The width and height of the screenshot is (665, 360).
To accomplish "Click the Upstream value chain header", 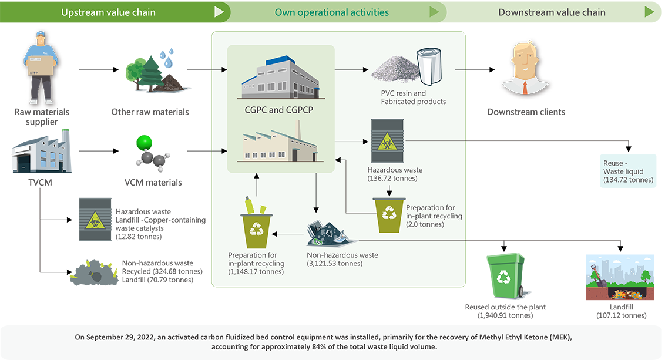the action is point(108,12).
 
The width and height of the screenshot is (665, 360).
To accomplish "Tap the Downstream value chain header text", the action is point(552,12).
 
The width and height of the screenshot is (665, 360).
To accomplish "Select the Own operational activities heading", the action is point(332,12).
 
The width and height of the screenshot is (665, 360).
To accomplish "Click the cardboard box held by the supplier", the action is point(41,66).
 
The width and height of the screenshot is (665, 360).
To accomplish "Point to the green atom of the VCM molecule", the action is point(144,143).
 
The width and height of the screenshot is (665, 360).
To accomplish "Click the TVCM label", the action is point(41,183).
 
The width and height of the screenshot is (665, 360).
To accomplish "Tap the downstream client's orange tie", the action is point(525,87).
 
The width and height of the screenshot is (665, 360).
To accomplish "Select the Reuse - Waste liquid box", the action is point(628,171).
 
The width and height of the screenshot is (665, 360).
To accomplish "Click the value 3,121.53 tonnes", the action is point(335,263).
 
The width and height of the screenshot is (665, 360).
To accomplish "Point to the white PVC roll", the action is point(429,66).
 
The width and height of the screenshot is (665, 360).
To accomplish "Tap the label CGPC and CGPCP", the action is point(278,110).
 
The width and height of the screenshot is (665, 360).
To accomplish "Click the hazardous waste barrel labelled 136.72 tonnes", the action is point(387,141).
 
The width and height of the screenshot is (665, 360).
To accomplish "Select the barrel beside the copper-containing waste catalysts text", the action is point(95,219).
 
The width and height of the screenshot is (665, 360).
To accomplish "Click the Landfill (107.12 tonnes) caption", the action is point(622,311).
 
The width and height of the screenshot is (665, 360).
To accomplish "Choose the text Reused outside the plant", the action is point(505,307).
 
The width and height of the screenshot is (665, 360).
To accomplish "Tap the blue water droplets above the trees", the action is point(167,58).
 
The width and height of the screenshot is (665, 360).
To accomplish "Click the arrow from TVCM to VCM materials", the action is point(99,151).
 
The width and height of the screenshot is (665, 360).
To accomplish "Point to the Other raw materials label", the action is point(150,112).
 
